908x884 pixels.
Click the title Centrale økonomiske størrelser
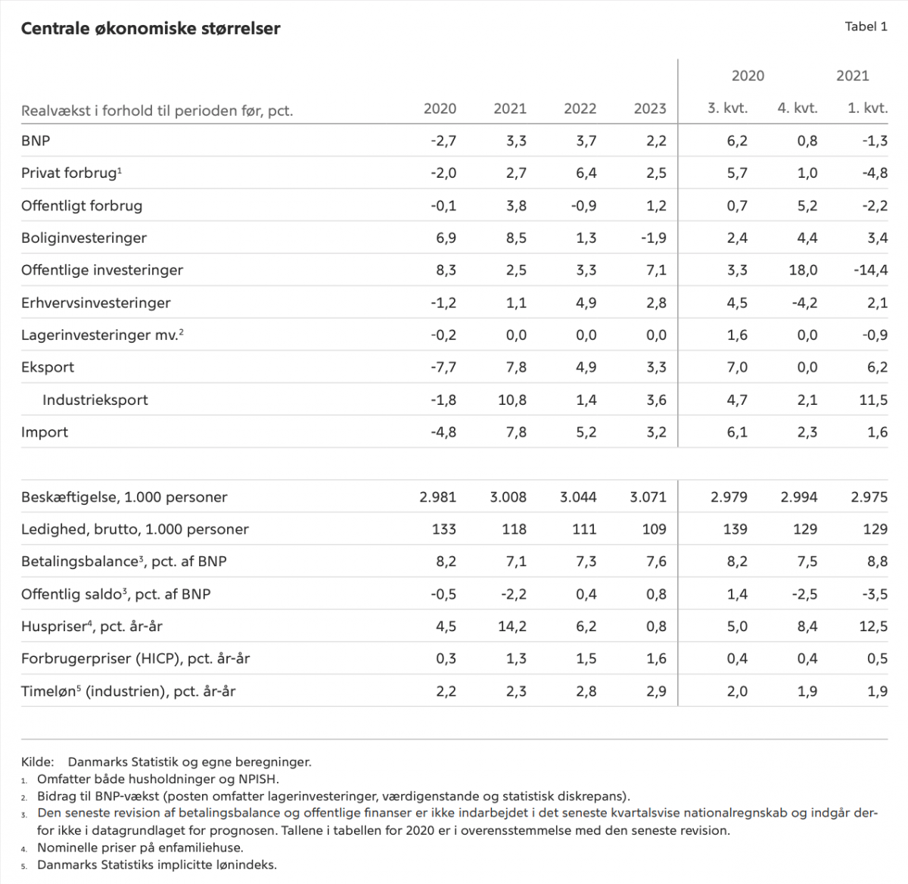click(x=151, y=29)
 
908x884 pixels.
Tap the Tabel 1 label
click(x=866, y=26)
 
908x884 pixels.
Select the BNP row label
click(x=36, y=141)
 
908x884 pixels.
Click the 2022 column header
click(x=580, y=109)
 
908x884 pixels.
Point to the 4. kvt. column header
click(x=798, y=108)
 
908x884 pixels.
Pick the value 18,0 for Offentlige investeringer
click(x=803, y=270)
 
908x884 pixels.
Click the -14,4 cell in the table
click(x=871, y=270)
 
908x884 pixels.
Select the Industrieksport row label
click(x=95, y=400)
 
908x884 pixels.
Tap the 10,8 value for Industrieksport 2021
click(x=512, y=400)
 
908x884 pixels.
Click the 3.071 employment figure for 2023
click(x=648, y=497)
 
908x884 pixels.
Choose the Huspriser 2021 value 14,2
click(x=512, y=627)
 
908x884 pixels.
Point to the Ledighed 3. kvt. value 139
click(x=735, y=529)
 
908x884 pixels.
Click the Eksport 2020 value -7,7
click(x=443, y=367)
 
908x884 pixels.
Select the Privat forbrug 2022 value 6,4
click(x=586, y=173)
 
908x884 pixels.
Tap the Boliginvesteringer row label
click(x=84, y=238)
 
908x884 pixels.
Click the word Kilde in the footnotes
click(x=37, y=762)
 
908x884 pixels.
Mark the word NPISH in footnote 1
click(x=259, y=779)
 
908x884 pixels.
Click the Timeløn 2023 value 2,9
click(x=656, y=691)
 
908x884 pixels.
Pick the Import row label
click(x=45, y=432)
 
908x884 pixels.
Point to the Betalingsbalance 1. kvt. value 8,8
click(x=877, y=562)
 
